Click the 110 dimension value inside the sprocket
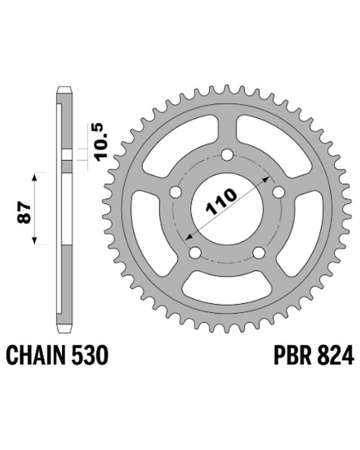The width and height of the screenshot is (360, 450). (221, 202)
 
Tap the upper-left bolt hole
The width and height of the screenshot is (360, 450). (175, 192)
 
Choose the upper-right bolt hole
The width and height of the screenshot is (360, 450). (279, 192)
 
